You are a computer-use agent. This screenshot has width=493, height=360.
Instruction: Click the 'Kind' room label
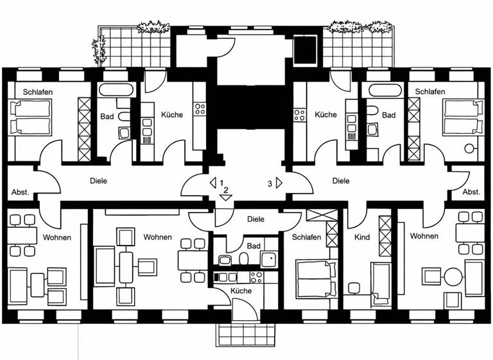coord(362,237)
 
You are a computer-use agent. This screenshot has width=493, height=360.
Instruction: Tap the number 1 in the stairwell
coord(221,183)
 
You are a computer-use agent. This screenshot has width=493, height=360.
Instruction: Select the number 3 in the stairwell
coord(269,183)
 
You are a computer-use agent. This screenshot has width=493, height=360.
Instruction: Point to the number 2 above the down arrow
coord(226,190)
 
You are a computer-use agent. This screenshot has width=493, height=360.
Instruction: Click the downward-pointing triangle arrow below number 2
coord(225,198)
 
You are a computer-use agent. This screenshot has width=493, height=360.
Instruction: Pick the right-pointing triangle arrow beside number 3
coord(279,183)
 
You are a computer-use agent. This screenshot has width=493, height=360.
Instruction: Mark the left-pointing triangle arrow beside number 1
coord(212,183)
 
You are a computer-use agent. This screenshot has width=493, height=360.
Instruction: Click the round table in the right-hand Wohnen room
coord(454,277)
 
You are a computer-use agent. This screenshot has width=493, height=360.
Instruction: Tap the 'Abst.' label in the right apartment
coord(472,192)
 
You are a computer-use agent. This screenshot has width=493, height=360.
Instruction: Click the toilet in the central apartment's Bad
coord(243,259)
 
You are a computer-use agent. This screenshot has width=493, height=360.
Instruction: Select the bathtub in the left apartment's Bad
coord(117,90)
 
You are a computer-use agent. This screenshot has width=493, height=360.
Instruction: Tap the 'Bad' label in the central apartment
coord(254,246)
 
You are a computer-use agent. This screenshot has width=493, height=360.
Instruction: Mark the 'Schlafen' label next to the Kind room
coord(306,237)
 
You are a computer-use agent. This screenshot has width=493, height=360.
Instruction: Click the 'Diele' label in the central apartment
coord(255,219)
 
